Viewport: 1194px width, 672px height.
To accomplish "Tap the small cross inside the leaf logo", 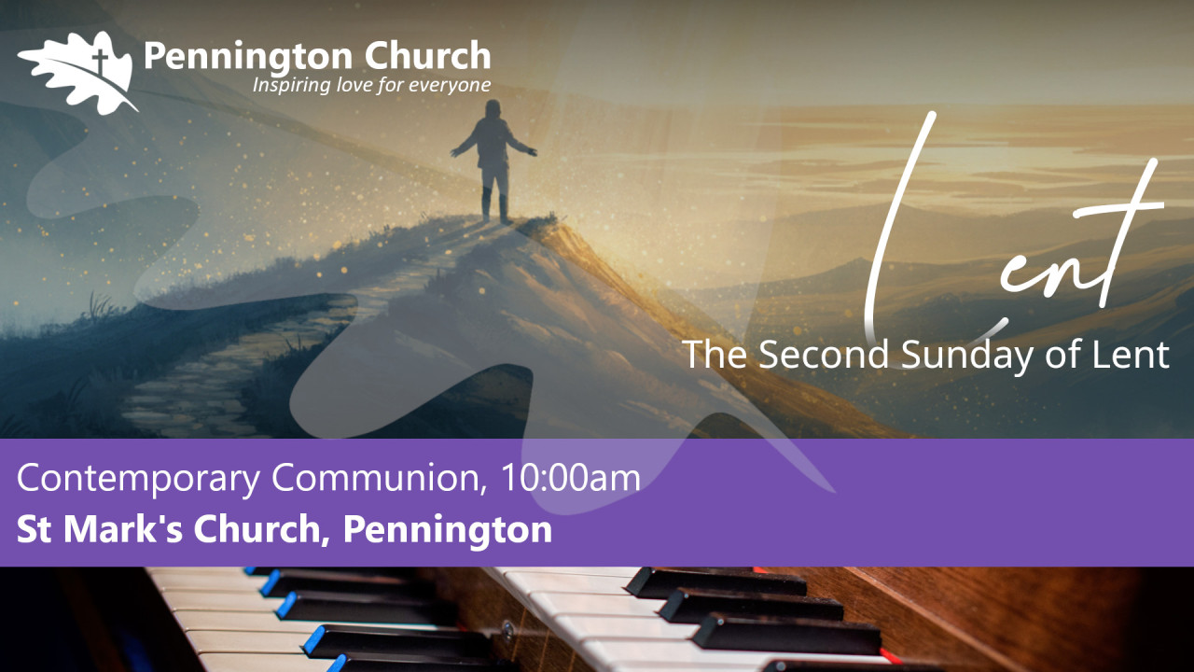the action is point(100,61).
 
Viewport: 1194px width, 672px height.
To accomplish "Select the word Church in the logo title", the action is point(427,55).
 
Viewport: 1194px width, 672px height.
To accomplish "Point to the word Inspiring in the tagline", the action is point(292,85).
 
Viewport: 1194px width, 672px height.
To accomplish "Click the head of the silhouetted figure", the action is point(493,108).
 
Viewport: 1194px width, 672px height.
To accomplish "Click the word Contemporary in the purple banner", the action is point(139,479).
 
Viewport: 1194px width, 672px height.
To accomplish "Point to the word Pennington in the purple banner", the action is point(448,530).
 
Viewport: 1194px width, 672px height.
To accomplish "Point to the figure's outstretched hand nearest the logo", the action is point(455,152).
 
